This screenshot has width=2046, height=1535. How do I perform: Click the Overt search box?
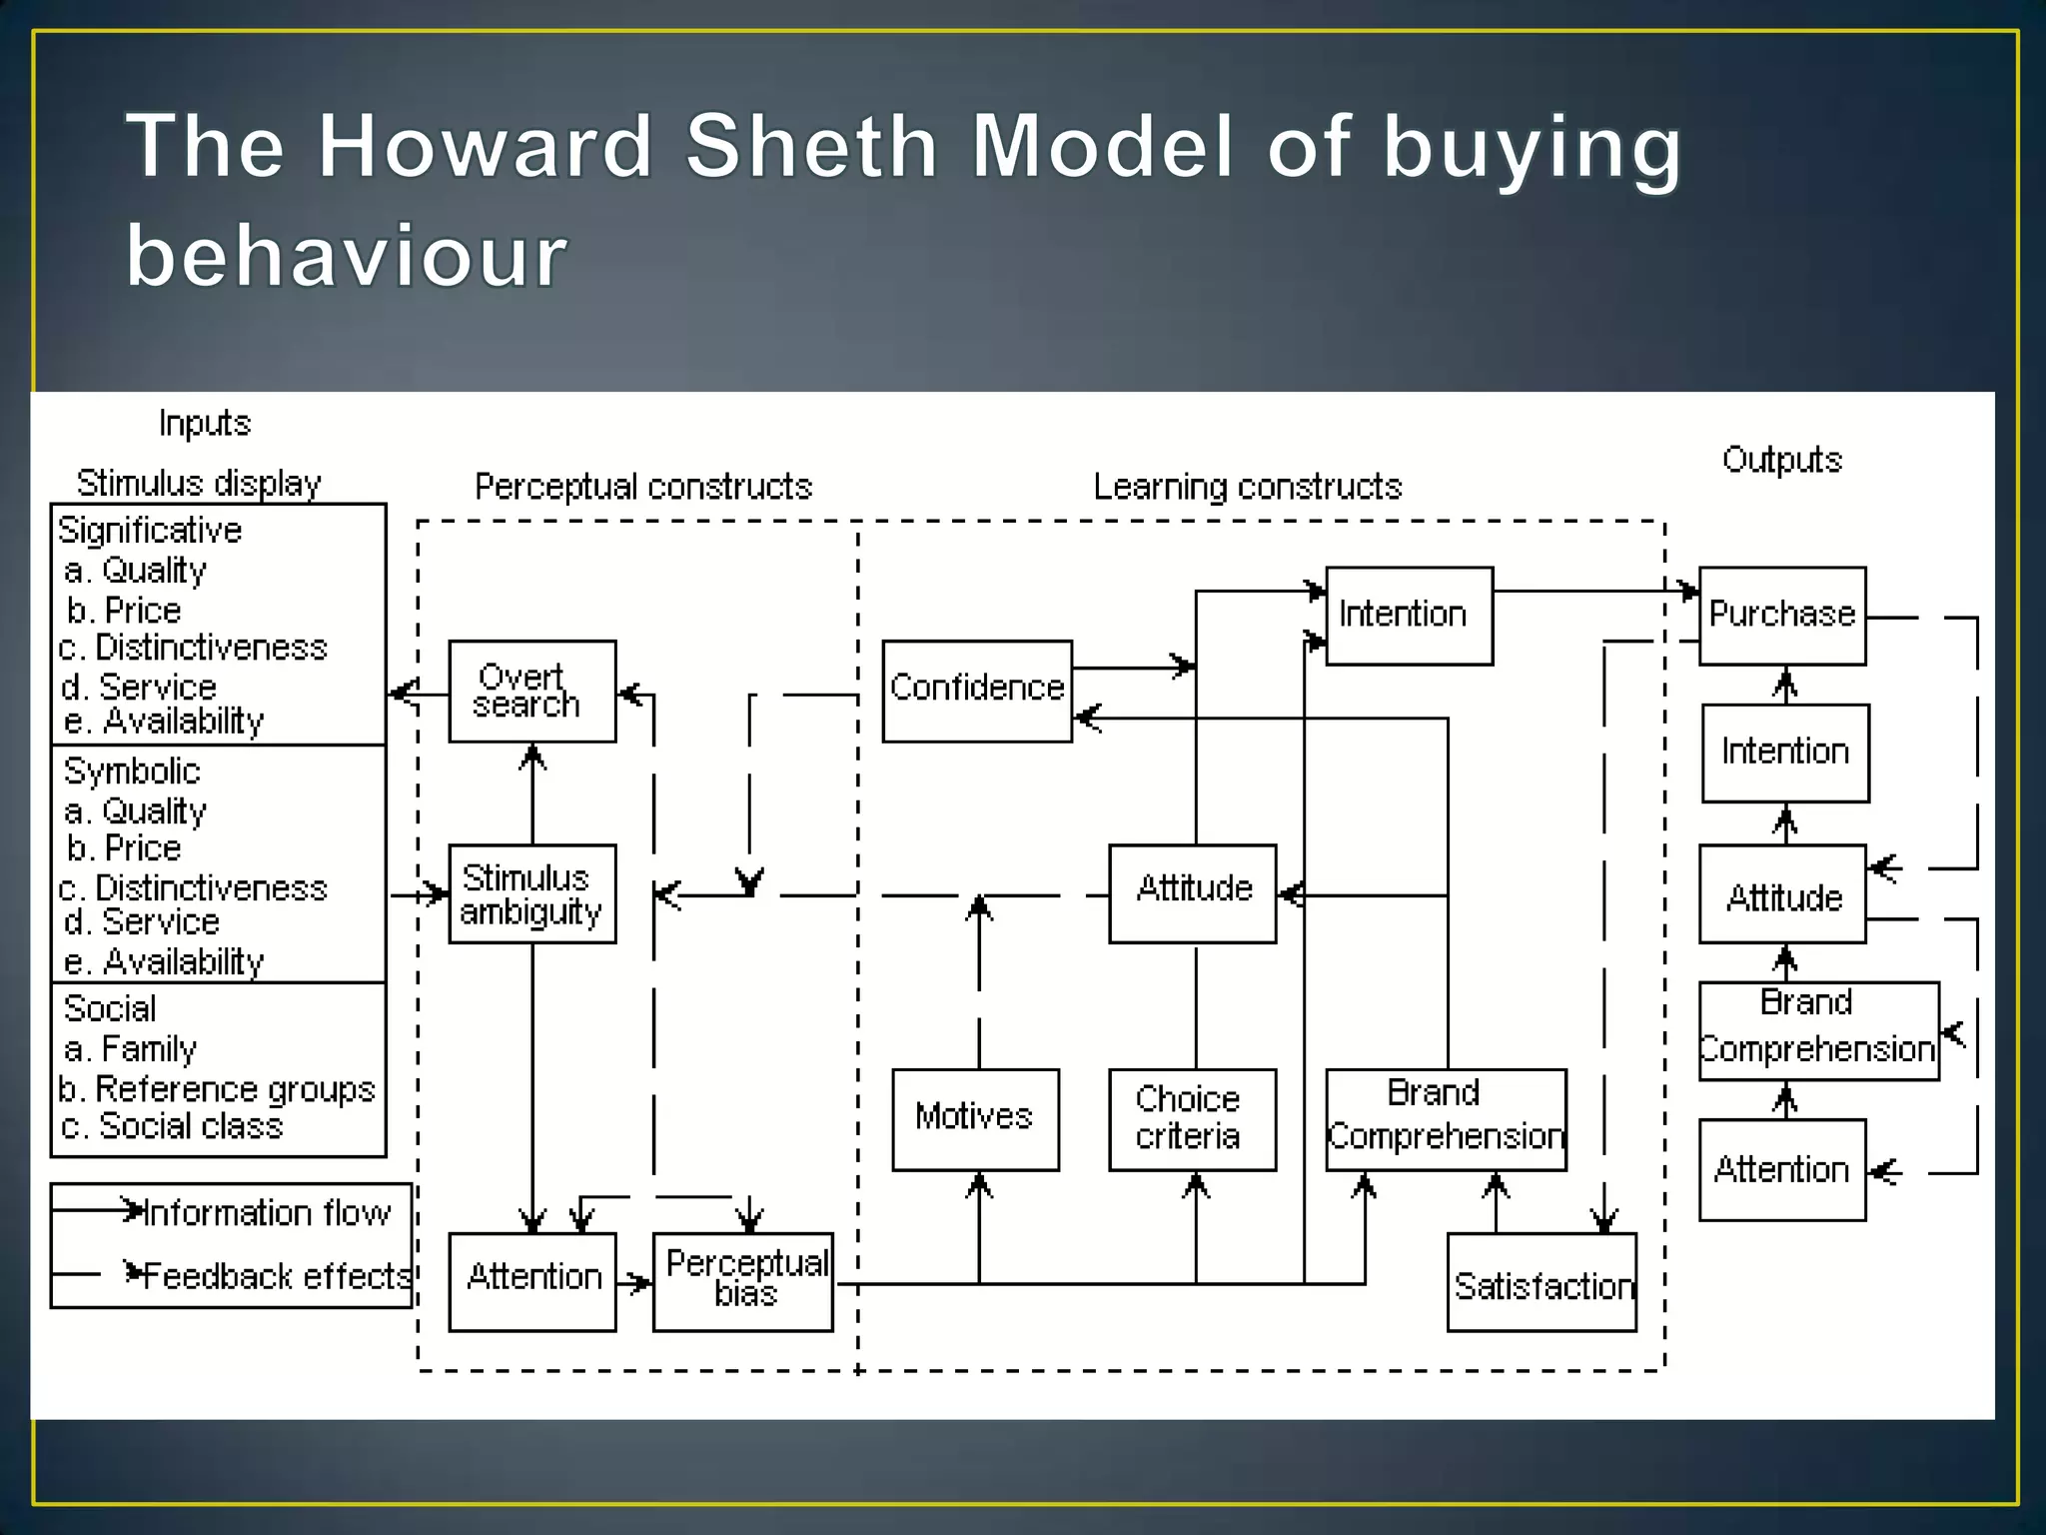click(531, 691)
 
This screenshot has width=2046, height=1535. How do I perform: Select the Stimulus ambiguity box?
click(531, 893)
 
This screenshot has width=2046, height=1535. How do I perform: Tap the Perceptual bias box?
click(742, 1281)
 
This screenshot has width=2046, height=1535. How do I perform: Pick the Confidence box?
click(977, 691)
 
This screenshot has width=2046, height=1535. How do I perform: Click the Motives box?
click(975, 1119)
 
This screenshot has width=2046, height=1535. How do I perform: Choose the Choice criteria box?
click(1192, 1119)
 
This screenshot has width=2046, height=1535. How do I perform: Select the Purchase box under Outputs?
click(1782, 616)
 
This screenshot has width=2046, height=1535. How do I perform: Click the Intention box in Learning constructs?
click(1409, 616)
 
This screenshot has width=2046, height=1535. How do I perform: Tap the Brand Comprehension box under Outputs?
click(1818, 1030)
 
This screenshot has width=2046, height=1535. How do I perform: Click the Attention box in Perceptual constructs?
click(531, 1281)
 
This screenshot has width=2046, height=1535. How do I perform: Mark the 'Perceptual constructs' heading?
click(643, 487)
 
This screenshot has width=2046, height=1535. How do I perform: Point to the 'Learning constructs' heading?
click(1248, 487)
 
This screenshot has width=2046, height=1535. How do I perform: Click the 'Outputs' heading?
click(1781, 460)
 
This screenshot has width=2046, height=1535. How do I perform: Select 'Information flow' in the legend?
click(267, 1213)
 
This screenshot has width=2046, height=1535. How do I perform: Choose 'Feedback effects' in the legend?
click(277, 1276)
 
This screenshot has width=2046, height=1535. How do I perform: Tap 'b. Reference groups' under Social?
click(217, 1088)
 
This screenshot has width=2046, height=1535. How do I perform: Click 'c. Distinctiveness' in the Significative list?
click(193, 648)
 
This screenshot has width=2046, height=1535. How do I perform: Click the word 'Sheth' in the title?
click(811, 146)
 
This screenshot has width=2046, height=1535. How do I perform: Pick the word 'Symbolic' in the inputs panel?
click(132, 770)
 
